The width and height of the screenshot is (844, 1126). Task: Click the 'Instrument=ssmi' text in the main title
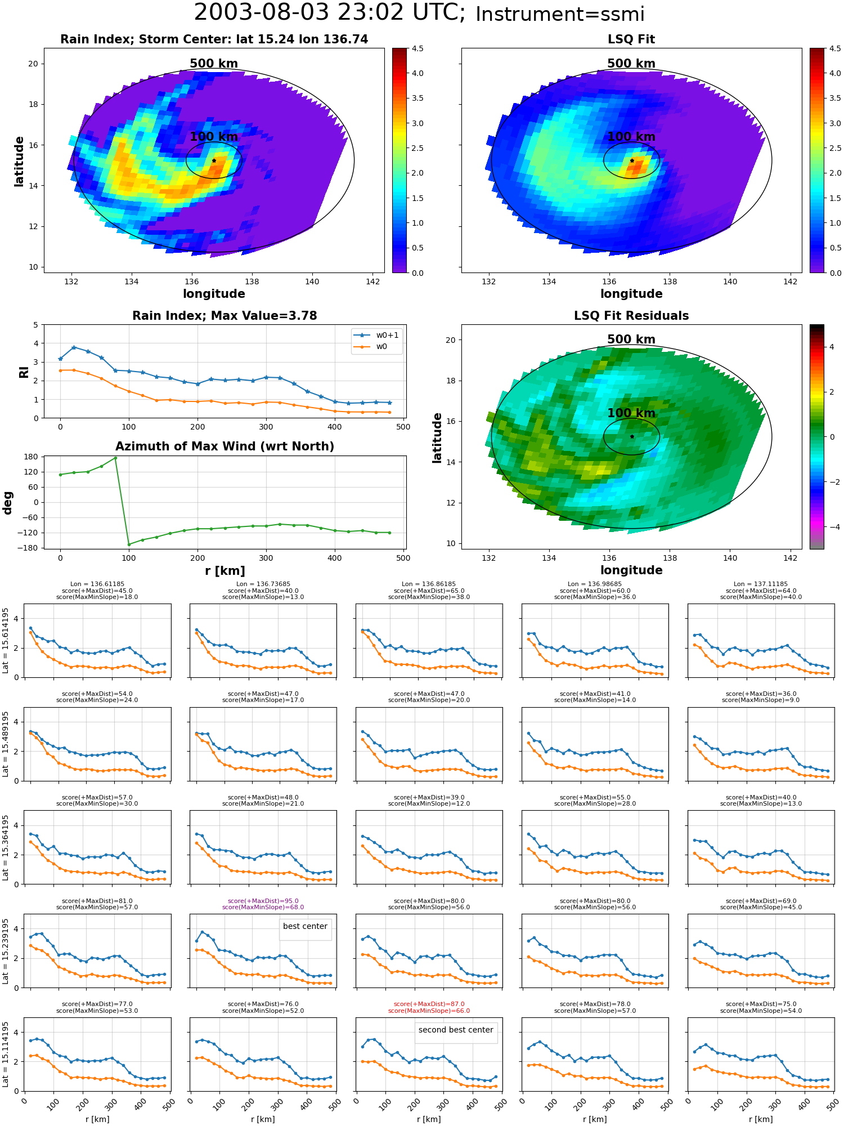[560, 15]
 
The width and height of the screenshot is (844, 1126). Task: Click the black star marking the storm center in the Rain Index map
[214, 160]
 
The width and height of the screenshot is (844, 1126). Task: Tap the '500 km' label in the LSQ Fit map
[631, 64]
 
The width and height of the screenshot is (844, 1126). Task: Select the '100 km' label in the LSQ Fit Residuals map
[631, 413]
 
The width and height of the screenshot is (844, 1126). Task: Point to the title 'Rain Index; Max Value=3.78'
[225, 316]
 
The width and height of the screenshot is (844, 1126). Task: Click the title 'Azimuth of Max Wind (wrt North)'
[225, 446]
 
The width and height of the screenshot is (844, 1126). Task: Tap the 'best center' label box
[305, 926]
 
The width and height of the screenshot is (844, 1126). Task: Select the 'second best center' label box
[456, 1030]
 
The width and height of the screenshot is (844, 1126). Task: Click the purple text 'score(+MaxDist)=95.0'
[263, 901]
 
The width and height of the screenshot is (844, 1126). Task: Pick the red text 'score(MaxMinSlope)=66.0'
[429, 1011]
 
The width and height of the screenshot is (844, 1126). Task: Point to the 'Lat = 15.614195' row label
[6, 641]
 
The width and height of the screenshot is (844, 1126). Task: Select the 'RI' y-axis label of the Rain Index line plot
[24, 372]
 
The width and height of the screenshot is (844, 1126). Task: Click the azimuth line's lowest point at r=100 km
[129, 544]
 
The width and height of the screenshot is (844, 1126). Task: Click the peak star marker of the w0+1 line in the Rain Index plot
[74, 347]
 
